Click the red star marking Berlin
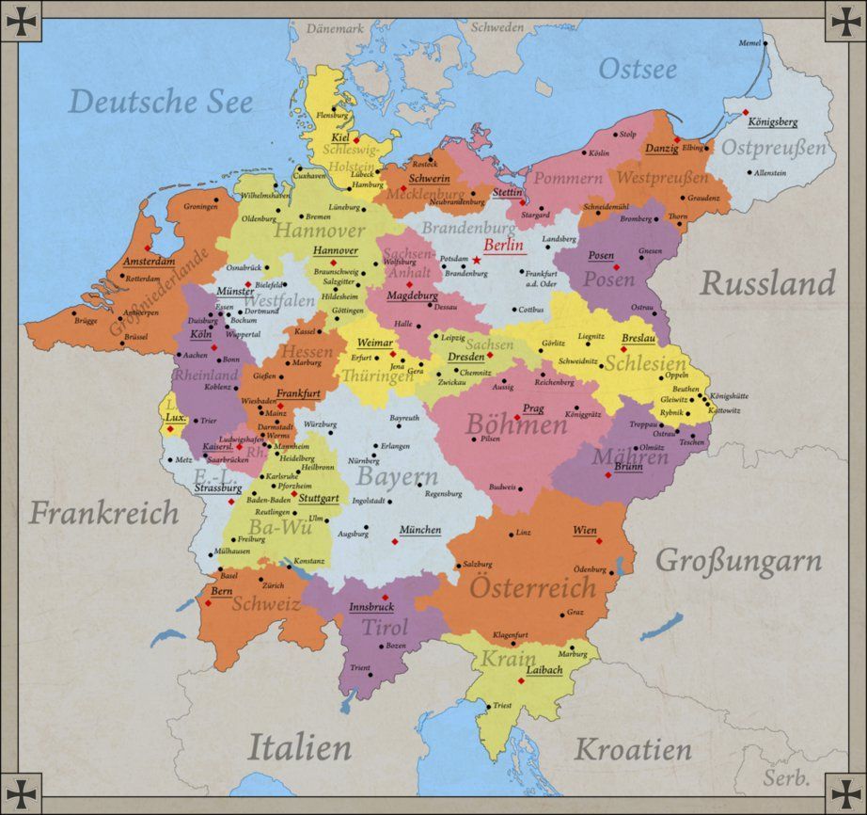click(477, 260)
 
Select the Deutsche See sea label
click(162, 102)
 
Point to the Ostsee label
click(638, 69)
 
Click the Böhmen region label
click(516, 425)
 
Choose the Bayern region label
click(397, 476)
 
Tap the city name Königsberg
click(773, 122)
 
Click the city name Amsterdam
click(149, 261)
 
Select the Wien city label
click(584, 531)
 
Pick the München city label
click(419, 530)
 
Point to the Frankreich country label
click(102, 513)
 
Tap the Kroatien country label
click(633, 750)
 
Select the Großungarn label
click(738, 562)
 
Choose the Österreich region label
click(532, 588)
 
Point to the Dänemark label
click(335, 28)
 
